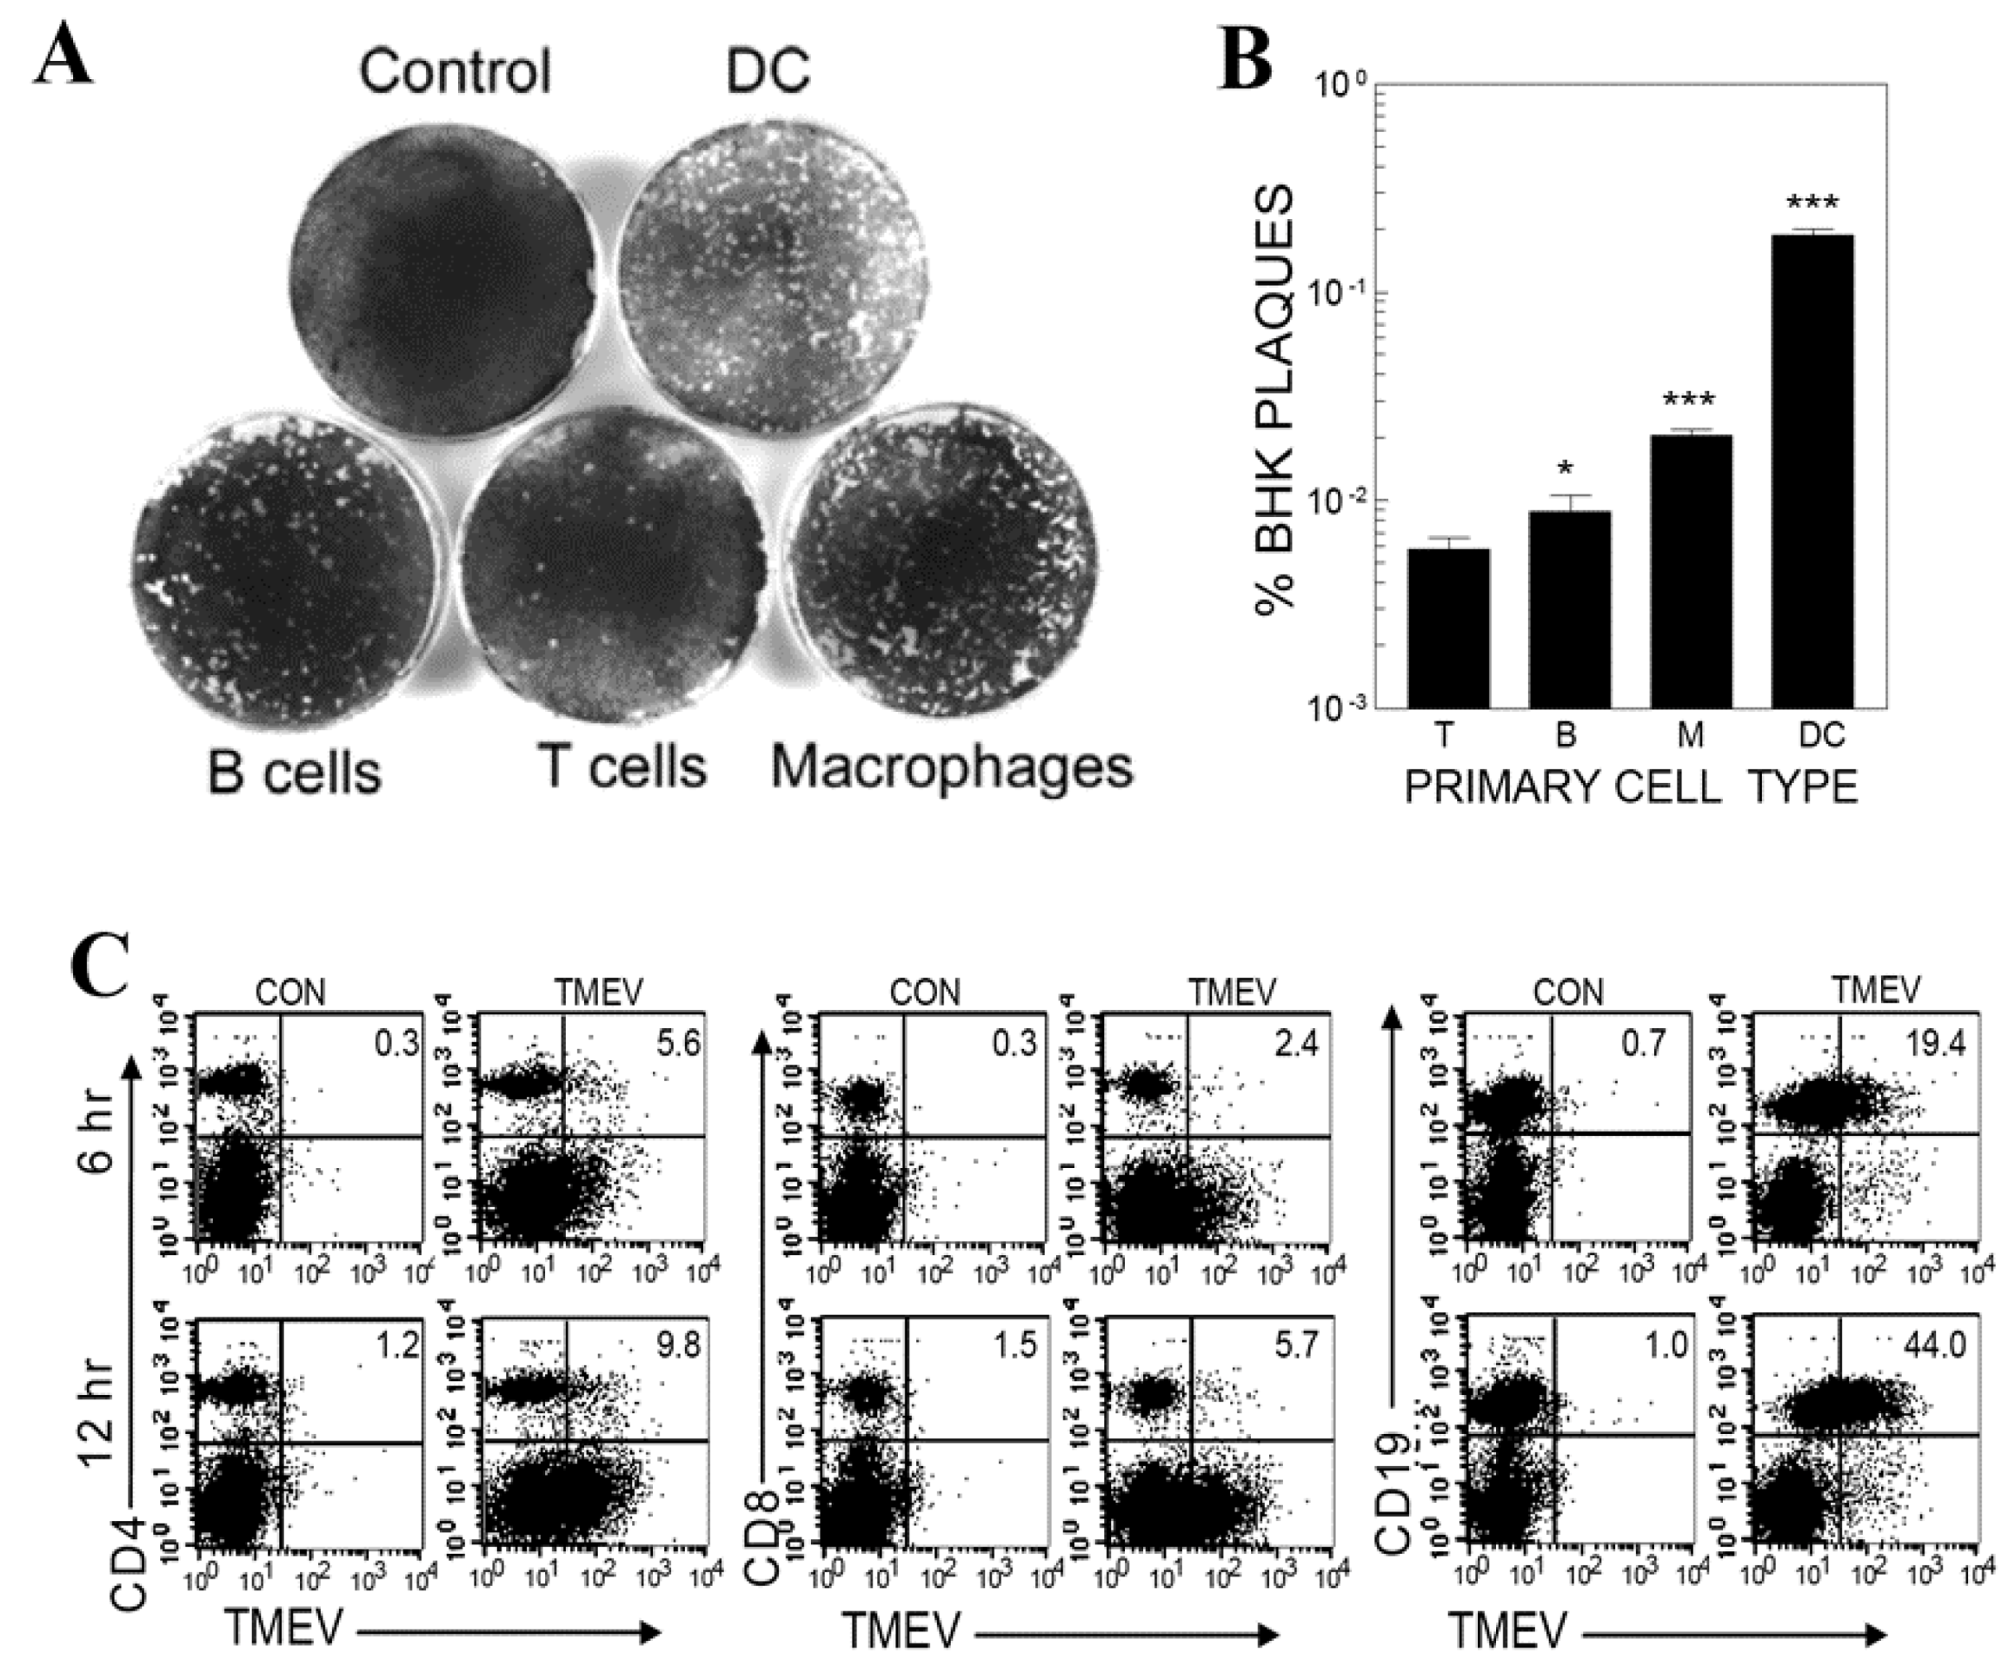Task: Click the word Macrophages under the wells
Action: [951, 768]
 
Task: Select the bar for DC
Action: [1812, 470]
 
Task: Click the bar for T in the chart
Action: [1448, 627]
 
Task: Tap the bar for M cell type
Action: [1691, 570]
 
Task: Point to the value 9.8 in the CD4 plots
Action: [678, 1345]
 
